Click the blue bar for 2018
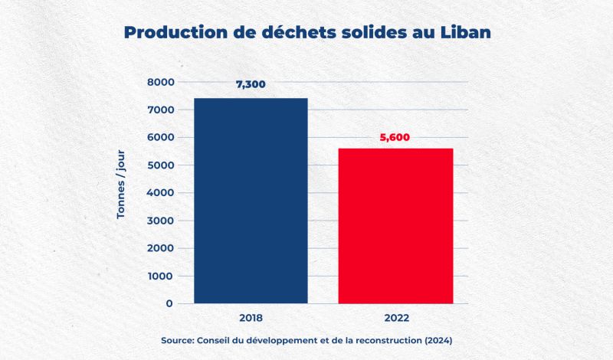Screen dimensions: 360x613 coord(251,201)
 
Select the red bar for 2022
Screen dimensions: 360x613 coord(395,225)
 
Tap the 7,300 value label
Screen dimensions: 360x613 coord(251,84)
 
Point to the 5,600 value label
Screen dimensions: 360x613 coord(395,138)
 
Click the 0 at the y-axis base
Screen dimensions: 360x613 coord(169,303)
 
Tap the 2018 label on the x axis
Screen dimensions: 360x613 coord(251,316)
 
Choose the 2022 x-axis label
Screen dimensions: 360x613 coord(395,316)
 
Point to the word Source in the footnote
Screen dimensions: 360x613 coord(179,340)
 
